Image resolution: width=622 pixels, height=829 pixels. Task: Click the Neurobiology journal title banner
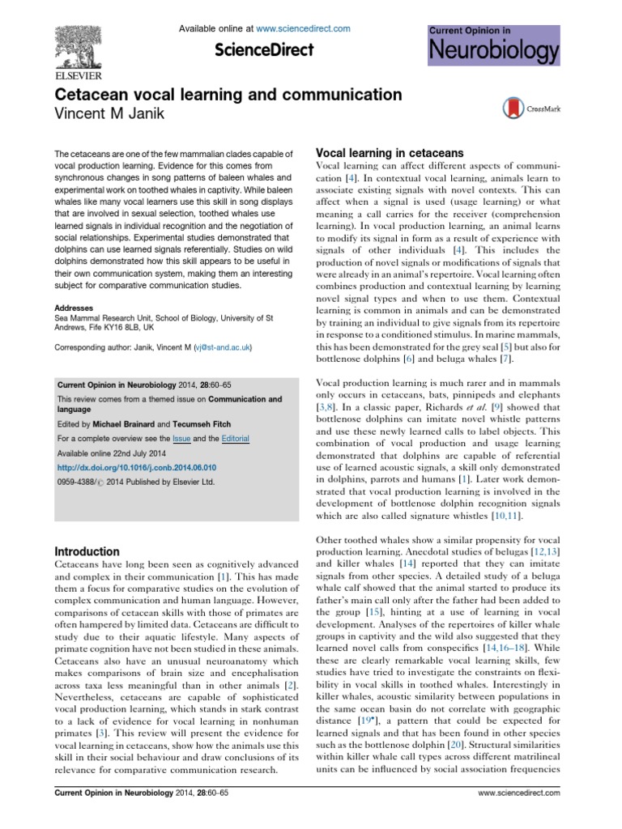(493, 52)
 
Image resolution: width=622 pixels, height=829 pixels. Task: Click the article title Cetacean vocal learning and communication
(228, 95)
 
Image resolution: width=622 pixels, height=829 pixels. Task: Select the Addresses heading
(74, 308)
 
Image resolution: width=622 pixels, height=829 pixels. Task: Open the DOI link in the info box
(137, 468)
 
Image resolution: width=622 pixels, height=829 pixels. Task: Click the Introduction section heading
(87, 551)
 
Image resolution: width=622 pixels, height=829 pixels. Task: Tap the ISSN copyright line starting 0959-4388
(134, 482)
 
